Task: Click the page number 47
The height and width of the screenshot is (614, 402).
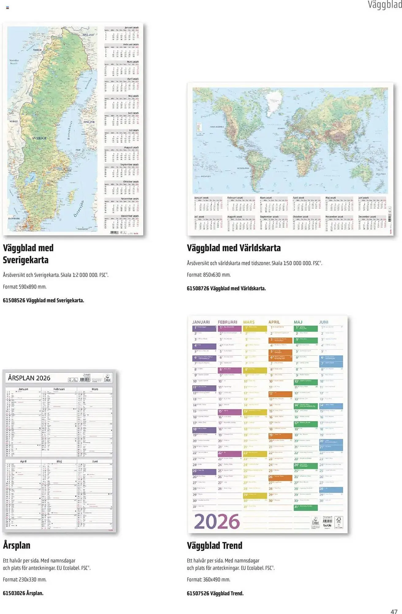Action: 394,611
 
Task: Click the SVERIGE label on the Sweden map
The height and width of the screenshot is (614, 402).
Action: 40,138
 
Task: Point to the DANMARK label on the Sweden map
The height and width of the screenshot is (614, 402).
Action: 14,219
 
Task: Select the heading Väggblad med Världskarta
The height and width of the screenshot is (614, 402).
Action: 234,248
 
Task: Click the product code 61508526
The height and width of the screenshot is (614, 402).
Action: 14,300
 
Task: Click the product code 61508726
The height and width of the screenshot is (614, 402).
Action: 198,288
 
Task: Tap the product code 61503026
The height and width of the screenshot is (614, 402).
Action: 14,593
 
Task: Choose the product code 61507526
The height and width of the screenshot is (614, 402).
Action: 198,593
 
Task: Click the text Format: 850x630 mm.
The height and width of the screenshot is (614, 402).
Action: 209,275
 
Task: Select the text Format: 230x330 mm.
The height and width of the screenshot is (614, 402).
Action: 25,579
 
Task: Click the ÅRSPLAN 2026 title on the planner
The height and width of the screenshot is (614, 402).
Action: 29,378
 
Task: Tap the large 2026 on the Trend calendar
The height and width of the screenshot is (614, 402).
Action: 217,521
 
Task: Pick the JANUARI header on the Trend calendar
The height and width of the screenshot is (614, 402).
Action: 201,322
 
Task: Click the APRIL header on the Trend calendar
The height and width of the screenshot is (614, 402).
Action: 274,322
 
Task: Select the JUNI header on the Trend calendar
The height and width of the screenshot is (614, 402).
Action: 324,322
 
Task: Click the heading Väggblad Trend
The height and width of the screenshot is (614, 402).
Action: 214,546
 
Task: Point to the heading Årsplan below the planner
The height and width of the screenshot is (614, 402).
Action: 17,545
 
